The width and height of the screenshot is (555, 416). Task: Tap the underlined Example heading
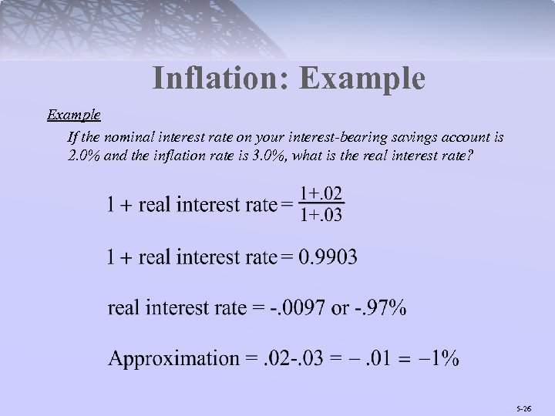point(73,115)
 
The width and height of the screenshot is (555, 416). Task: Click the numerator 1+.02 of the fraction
point(321,193)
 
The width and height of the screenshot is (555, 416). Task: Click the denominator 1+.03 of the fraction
point(321,214)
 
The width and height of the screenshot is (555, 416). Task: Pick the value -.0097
point(298,308)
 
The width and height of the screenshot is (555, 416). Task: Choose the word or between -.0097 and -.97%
point(339,308)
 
